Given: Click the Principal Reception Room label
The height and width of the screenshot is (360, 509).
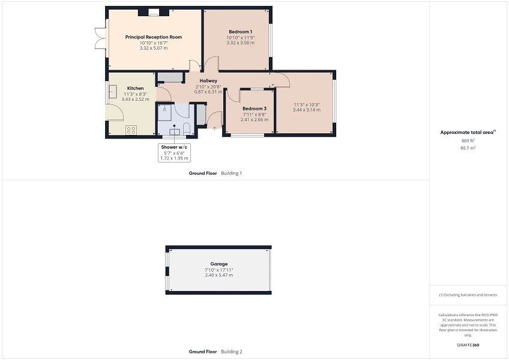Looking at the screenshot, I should (154, 37).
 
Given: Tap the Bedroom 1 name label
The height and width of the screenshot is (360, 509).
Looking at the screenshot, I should (240, 31).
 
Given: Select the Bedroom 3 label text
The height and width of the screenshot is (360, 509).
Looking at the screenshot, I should (254, 109).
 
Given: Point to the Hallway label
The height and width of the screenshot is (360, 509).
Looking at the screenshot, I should (208, 81).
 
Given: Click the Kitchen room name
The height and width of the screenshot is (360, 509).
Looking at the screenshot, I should (135, 88).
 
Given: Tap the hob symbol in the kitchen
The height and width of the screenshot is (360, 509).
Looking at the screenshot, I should (131, 130).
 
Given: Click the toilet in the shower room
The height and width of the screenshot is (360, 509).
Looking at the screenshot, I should (186, 129).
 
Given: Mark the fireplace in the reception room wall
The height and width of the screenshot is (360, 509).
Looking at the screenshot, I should (154, 11).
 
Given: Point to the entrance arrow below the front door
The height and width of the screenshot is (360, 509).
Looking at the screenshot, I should (214, 128).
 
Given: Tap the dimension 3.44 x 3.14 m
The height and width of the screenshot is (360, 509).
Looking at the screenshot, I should (306, 110).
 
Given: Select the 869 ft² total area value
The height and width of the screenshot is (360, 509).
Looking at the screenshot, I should (467, 140).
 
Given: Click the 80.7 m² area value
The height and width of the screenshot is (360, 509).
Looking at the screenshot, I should (467, 148).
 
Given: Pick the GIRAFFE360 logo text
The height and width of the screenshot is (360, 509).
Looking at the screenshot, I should (468, 345).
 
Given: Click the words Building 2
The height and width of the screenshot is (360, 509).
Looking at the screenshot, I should (232, 352).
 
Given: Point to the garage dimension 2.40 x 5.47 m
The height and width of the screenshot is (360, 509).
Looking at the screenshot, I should (218, 275).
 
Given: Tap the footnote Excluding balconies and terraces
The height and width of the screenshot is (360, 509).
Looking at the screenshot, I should (468, 295).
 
